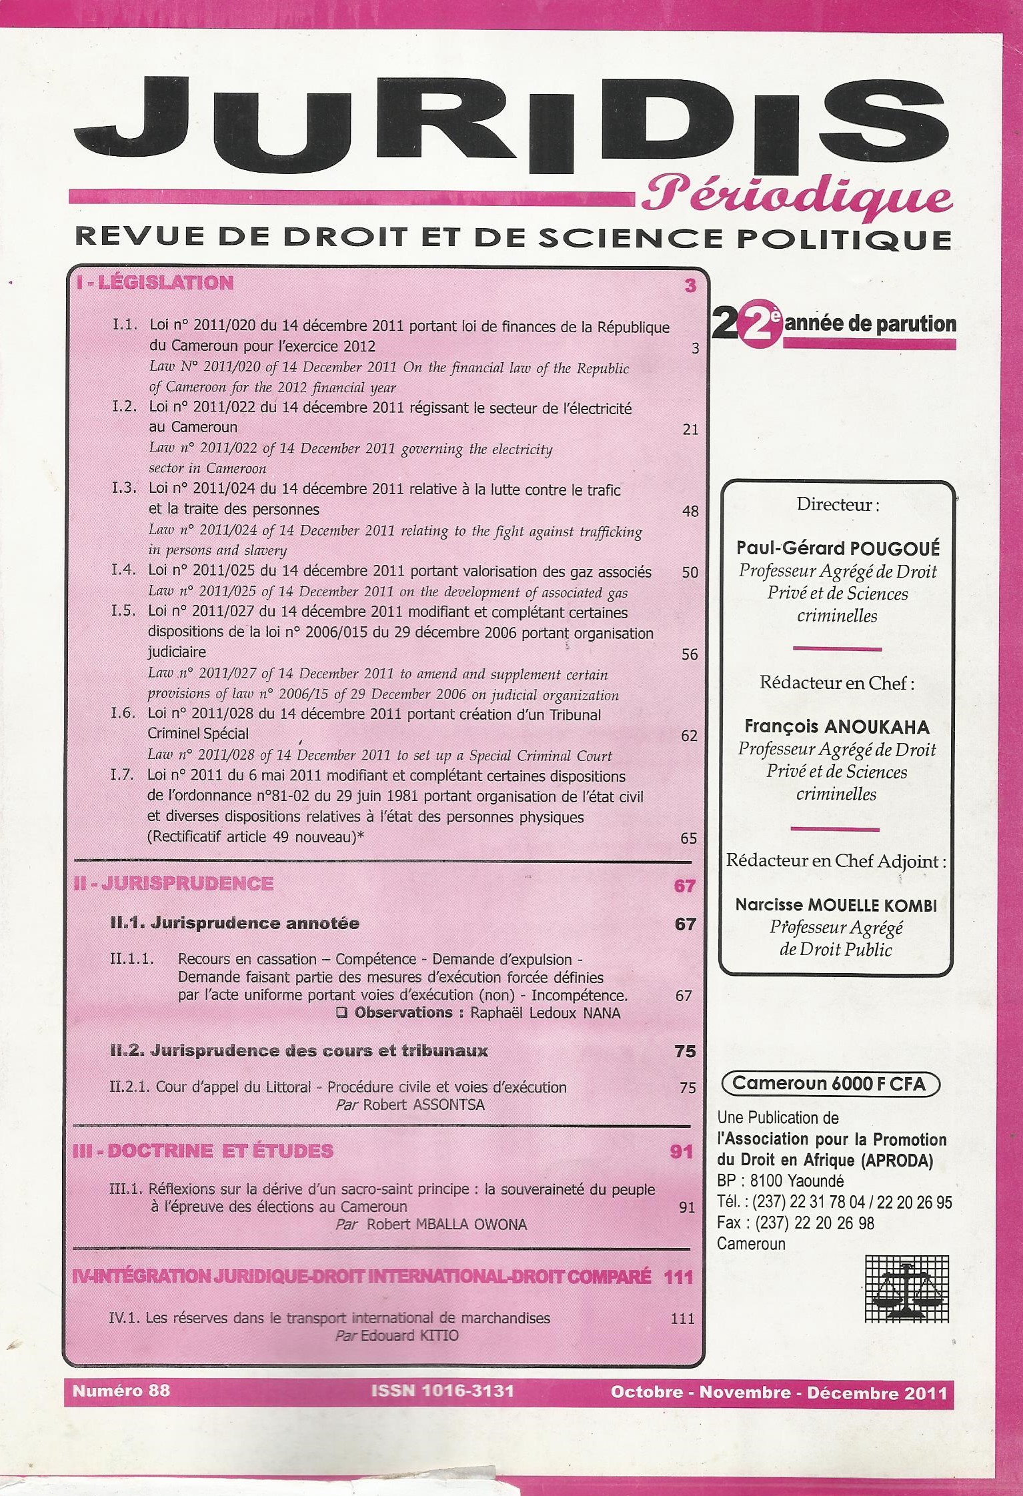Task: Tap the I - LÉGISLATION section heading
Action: point(155,283)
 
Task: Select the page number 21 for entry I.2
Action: point(690,430)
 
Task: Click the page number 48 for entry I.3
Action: point(690,512)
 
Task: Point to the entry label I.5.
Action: point(124,612)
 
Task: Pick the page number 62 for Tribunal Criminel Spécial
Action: point(689,736)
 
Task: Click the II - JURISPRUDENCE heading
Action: point(173,884)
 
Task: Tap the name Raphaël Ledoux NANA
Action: point(546,1013)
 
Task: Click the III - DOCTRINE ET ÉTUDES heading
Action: point(203,1151)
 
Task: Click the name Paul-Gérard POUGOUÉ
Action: point(838,548)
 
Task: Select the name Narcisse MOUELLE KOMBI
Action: point(836,905)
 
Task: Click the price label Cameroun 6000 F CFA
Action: point(830,1084)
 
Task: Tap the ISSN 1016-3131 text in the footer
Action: point(443,1390)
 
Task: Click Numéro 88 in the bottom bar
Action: point(121,1390)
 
